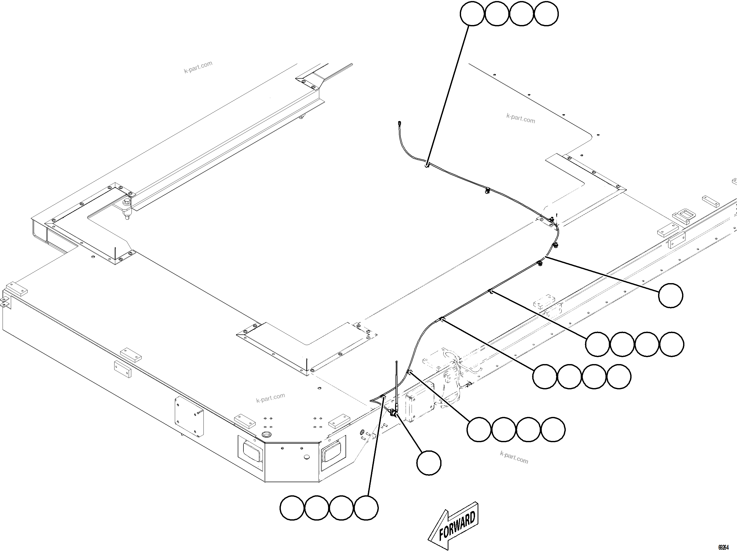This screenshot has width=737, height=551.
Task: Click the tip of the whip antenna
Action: click(397, 361)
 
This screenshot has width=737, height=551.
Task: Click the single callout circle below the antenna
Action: click(429, 463)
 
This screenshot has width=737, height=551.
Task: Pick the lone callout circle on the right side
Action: click(671, 295)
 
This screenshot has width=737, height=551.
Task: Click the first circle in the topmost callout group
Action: click(472, 14)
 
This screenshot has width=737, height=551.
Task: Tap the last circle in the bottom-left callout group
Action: click(366, 508)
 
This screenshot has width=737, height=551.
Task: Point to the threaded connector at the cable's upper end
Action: click(399, 124)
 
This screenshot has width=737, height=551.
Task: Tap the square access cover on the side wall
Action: click(189, 417)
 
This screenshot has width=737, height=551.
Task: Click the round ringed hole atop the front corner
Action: click(267, 434)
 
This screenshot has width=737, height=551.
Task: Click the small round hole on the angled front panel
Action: click(307, 457)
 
